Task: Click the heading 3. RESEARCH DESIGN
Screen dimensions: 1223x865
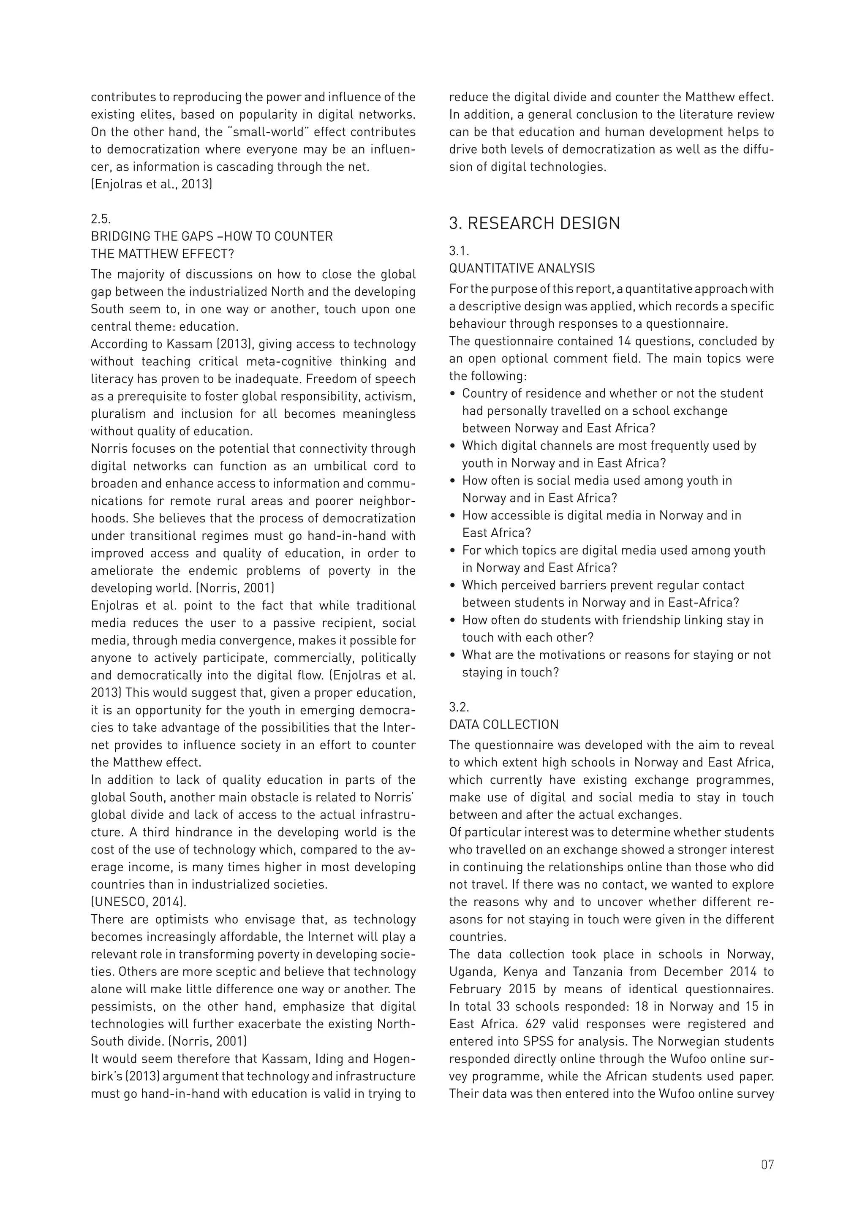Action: pos(534,223)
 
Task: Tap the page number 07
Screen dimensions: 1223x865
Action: pos(767,1164)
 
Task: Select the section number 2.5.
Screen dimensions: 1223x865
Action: pos(101,219)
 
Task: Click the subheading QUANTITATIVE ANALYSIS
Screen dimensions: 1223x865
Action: pos(522,268)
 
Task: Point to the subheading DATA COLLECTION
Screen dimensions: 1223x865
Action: pos(504,724)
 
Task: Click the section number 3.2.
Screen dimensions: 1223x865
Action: pos(459,707)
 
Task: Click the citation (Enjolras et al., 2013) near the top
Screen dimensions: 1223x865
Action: pos(151,184)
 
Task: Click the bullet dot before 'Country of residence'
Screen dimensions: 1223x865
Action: pos(453,394)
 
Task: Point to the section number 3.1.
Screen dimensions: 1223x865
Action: pos(459,251)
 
